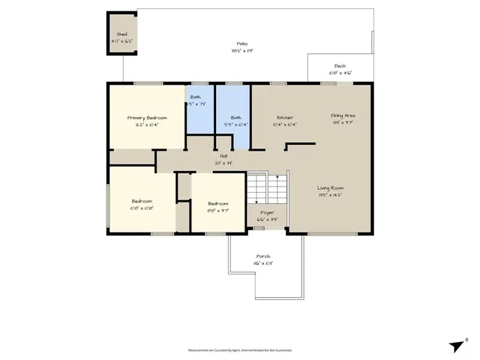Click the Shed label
pos(121,34)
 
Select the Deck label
pos(340,66)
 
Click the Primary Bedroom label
pos(146,118)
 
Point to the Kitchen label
pos(284,118)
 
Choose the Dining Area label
pos(343,115)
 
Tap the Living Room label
pos(330,188)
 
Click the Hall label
pos(223,156)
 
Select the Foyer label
pos(266,212)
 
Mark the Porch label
pos(262,256)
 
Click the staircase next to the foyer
pos(267,187)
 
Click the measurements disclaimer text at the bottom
pos(240,350)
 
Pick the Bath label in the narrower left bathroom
pos(195,97)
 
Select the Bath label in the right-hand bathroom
pos(235,118)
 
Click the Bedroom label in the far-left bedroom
pos(142,201)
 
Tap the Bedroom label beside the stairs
pos(217,203)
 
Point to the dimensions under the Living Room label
pos(330,195)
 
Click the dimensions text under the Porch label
pos(262,263)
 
